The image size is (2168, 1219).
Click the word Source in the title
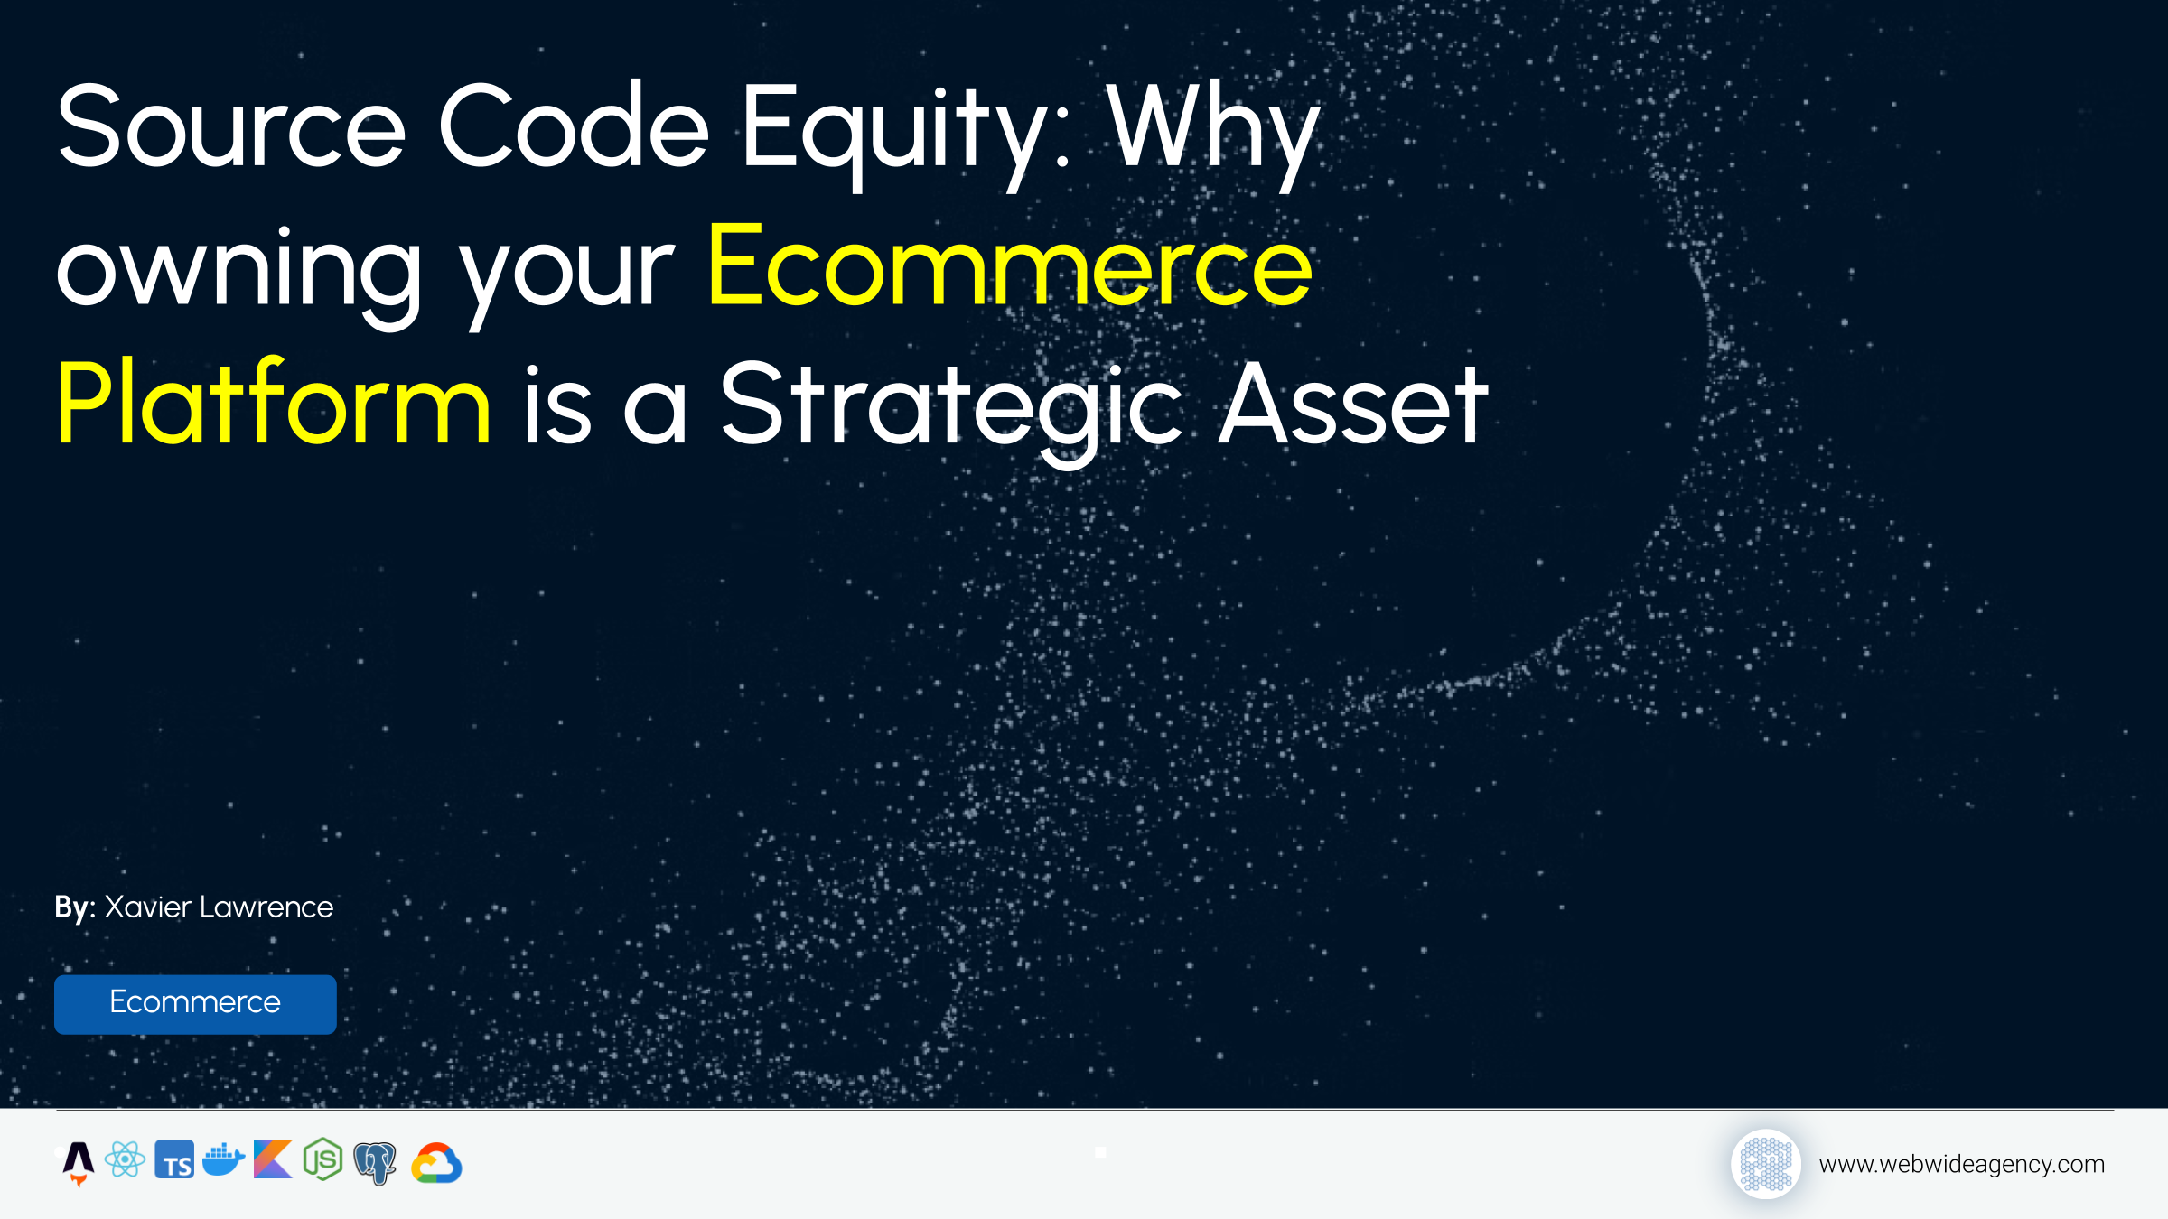pyautogui.click(x=231, y=126)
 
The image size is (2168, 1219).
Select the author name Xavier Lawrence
pyautogui.click(x=219, y=907)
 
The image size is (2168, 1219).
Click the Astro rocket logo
pyautogui.click(x=79, y=1162)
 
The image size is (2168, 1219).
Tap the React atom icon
pyautogui.click(x=125, y=1159)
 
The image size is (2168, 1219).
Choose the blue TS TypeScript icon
pyautogui.click(x=174, y=1160)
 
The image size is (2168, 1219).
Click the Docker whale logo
pyautogui.click(x=223, y=1159)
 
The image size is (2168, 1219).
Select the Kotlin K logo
pyautogui.click(x=273, y=1159)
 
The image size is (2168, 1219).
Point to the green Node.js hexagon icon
pyautogui.click(x=322, y=1159)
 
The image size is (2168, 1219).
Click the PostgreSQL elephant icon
pyautogui.click(x=375, y=1163)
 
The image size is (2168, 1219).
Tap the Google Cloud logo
pyautogui.click(x=436, y=1163)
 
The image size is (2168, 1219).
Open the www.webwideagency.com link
pyautogui.click(x=1961, y=1164)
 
